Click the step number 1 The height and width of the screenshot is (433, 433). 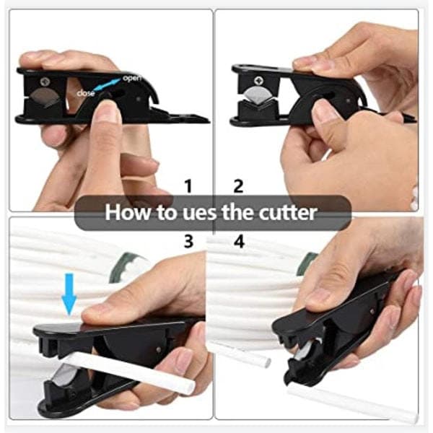(188, 186)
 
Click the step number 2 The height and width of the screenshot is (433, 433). (238, 186)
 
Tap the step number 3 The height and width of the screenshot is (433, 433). (188, 241)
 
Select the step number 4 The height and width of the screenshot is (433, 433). (239, 241)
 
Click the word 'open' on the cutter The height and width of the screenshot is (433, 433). (132, 78)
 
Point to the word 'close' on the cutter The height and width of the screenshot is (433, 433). (86, 93)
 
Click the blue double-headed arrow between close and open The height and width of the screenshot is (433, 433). (108, 84)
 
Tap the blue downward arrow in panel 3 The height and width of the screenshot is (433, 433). (69, 294)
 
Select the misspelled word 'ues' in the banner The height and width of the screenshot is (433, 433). (200, 214)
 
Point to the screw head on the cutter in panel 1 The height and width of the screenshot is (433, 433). (45, 82)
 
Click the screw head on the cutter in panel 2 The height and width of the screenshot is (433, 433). (260, 81)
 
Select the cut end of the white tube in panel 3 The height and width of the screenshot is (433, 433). (189, 387)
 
